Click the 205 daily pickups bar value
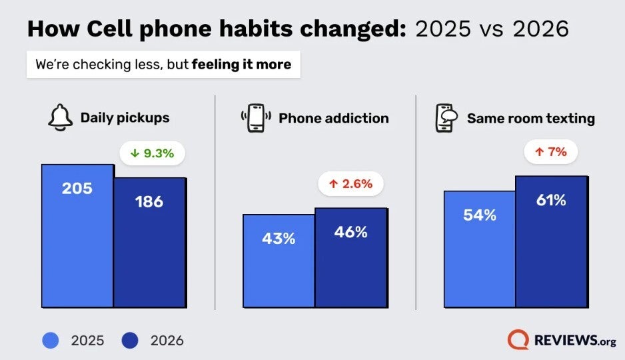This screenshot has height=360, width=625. [x=77, y=189]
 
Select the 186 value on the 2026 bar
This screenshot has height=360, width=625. [x=149, y=201]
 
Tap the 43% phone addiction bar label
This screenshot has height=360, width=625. [x=279, y=238]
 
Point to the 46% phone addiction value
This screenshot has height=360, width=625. [x=351, y=232]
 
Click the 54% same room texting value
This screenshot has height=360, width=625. [x=480, y=215]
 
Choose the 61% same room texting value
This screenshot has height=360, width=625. [x=551, y=200]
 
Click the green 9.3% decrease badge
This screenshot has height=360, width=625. [x=152, y=153]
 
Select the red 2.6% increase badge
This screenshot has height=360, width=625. [x=350, y=183]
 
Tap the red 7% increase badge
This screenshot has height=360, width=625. [x=550, y=152]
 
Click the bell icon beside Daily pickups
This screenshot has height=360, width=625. [x=60, y=119]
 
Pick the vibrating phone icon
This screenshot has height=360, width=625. [x=256, y=118]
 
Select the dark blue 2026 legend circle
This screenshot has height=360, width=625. [x=130, y=341]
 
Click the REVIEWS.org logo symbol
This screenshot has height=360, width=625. [x=518, y=340]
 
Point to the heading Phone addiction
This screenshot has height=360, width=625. [x=333, y=118]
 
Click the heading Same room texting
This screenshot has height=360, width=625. [x=530, y=118]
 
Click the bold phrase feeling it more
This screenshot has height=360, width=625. [x=241, y=65]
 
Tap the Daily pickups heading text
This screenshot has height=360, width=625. [x=125, y=118]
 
